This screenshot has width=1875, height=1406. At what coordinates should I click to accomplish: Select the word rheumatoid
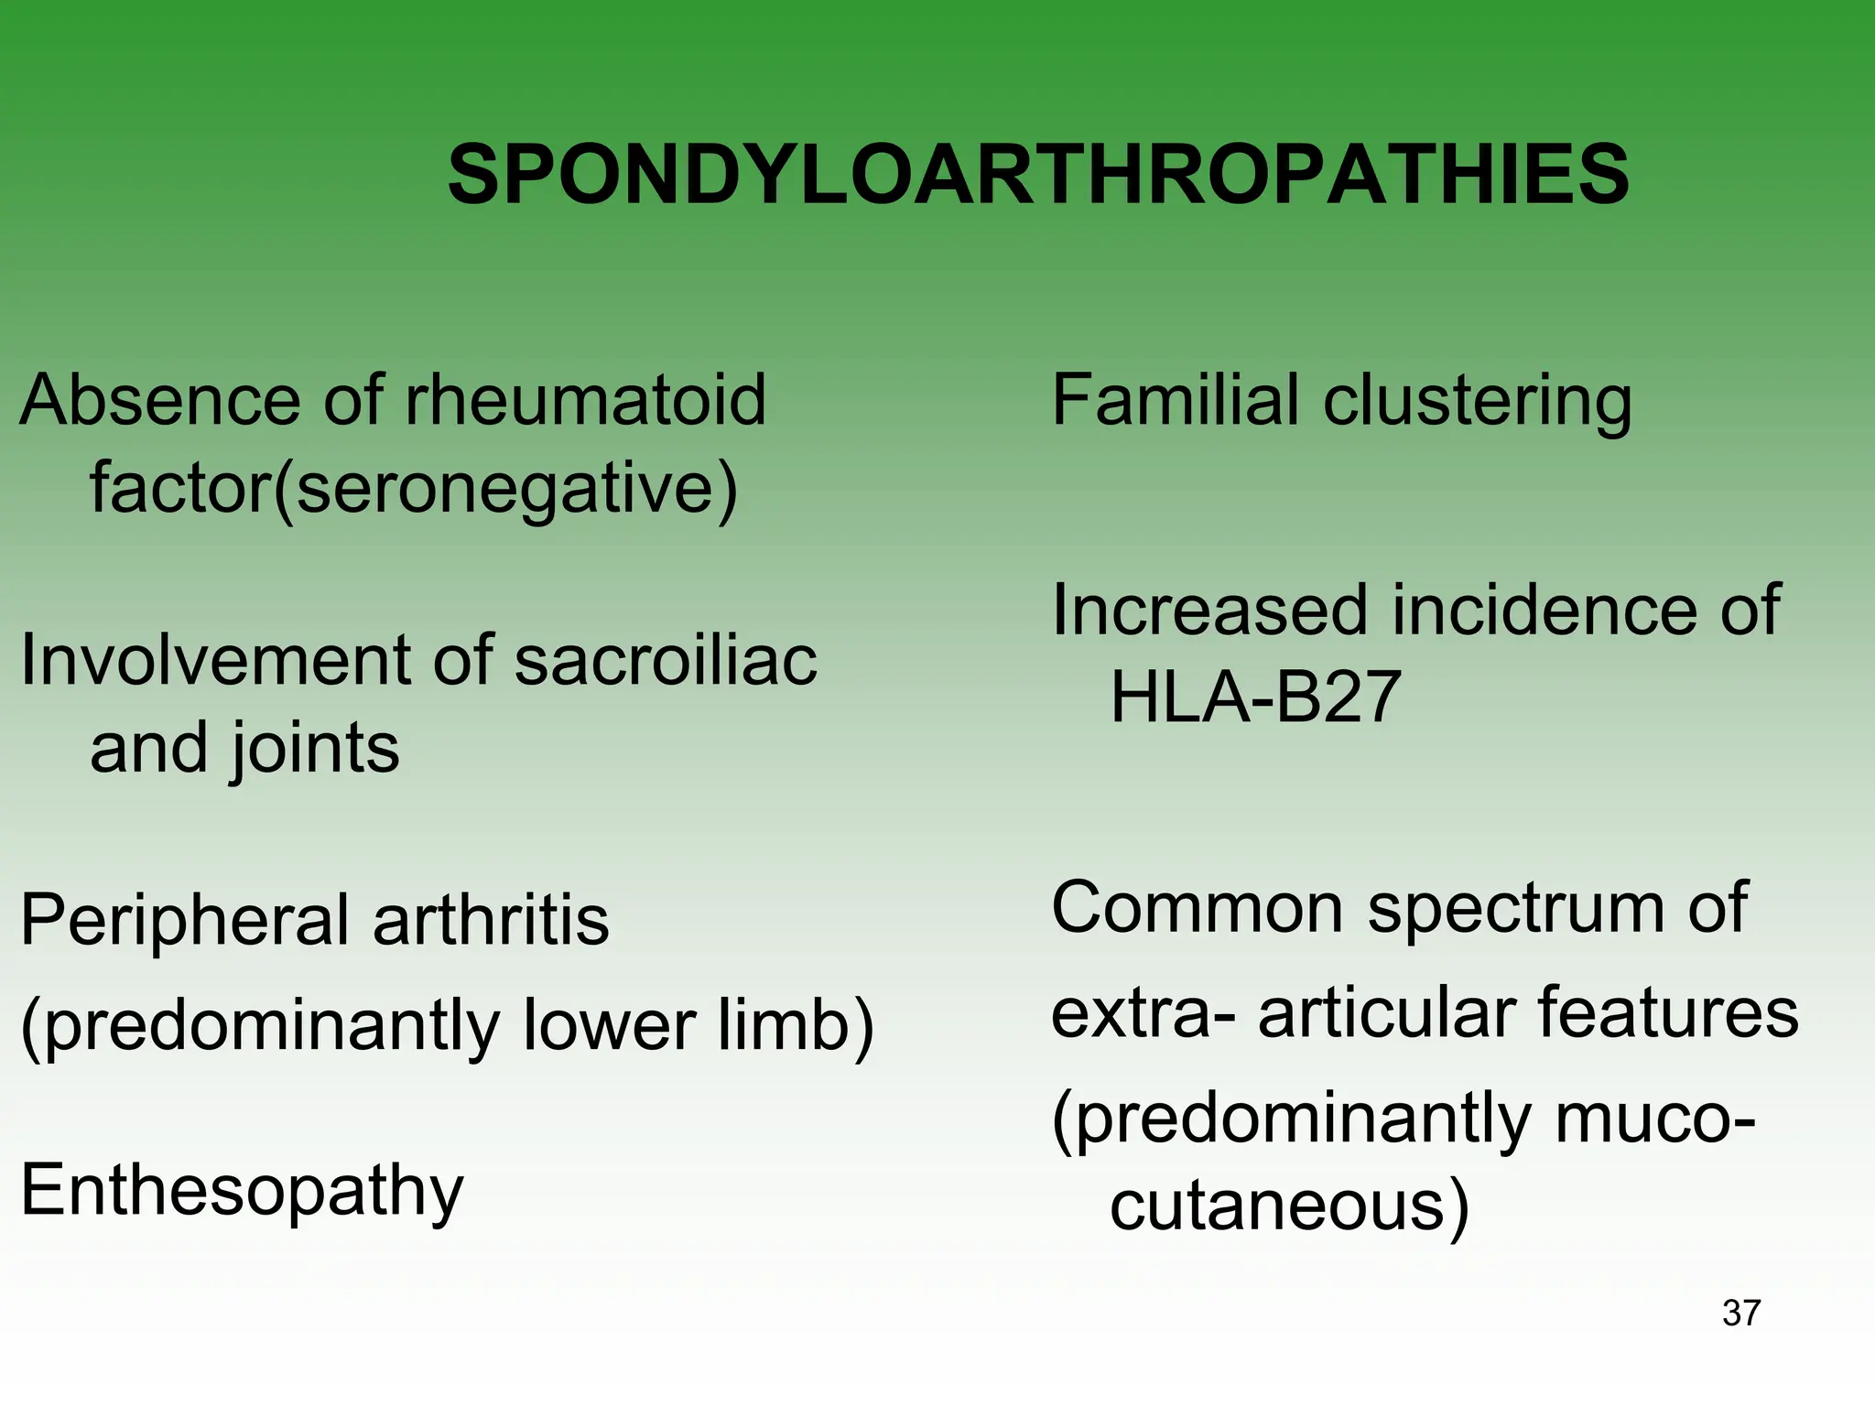(x=584, y=400)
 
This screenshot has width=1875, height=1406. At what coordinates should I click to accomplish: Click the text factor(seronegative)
(x=413, y=489)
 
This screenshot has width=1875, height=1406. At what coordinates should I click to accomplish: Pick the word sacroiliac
(x=666, y=660)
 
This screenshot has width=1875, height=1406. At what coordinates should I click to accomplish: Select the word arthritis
(x=491, y=920)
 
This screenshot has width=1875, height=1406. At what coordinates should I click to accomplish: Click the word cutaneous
(x=1278, y=1206)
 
